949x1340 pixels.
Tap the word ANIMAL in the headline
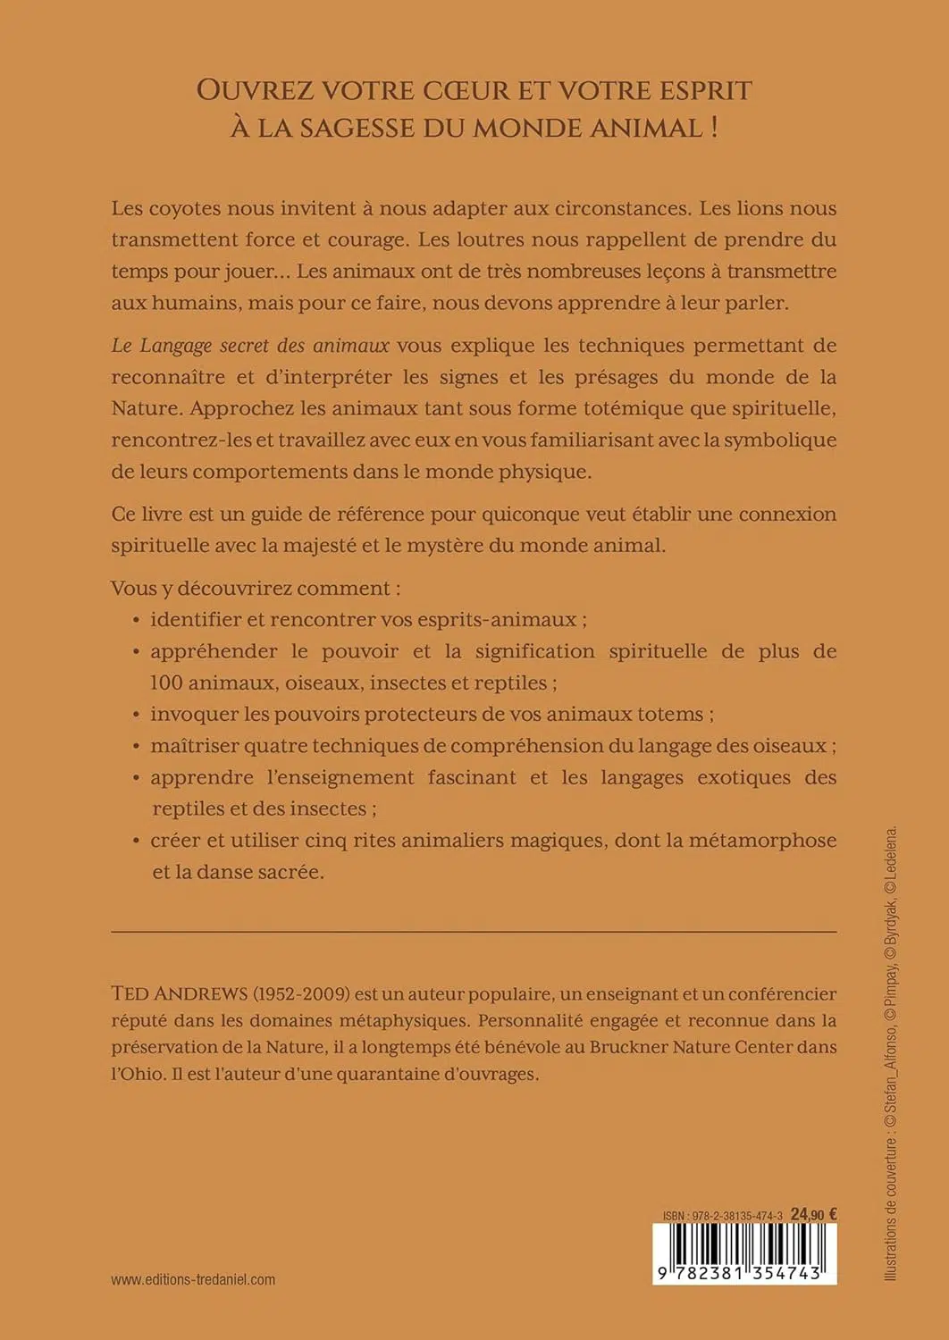coord(647,128)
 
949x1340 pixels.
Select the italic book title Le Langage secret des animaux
coord(250,346)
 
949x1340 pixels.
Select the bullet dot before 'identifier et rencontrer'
coord(136,620)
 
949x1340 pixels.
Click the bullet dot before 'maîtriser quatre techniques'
coord(136,746)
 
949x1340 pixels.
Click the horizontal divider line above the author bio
coord(474,932)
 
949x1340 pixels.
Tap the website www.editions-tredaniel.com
coord(193,1279)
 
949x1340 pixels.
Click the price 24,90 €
coord(813,1215)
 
